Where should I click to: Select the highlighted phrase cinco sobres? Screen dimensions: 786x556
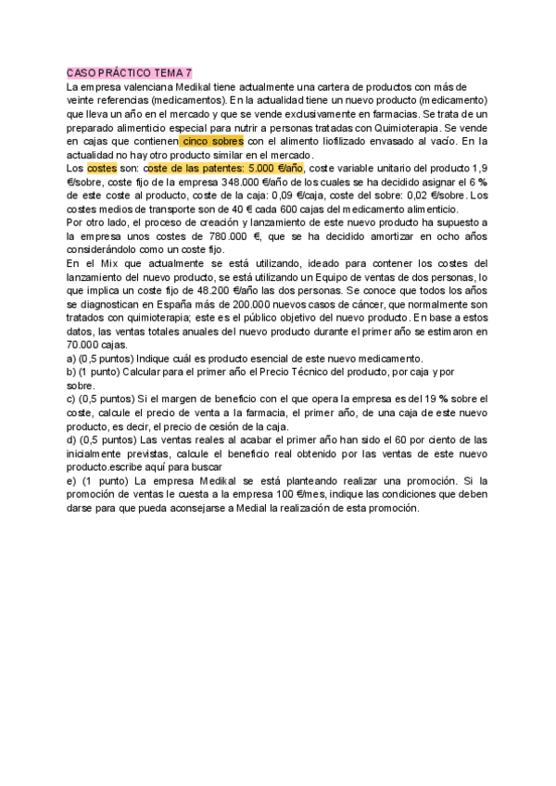[x=212, y=141]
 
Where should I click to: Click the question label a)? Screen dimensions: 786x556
[x=72, y=359]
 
